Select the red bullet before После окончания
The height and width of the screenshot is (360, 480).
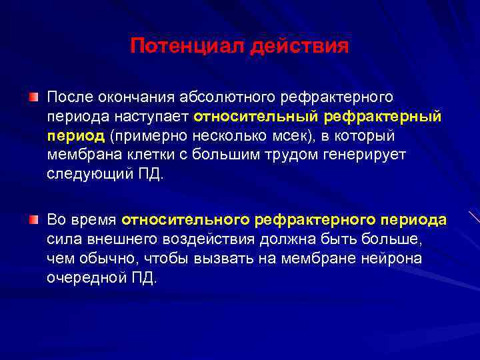33,99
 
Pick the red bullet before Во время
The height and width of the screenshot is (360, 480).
33,219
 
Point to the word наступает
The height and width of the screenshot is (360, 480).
159,117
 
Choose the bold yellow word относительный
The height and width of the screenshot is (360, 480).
256,117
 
